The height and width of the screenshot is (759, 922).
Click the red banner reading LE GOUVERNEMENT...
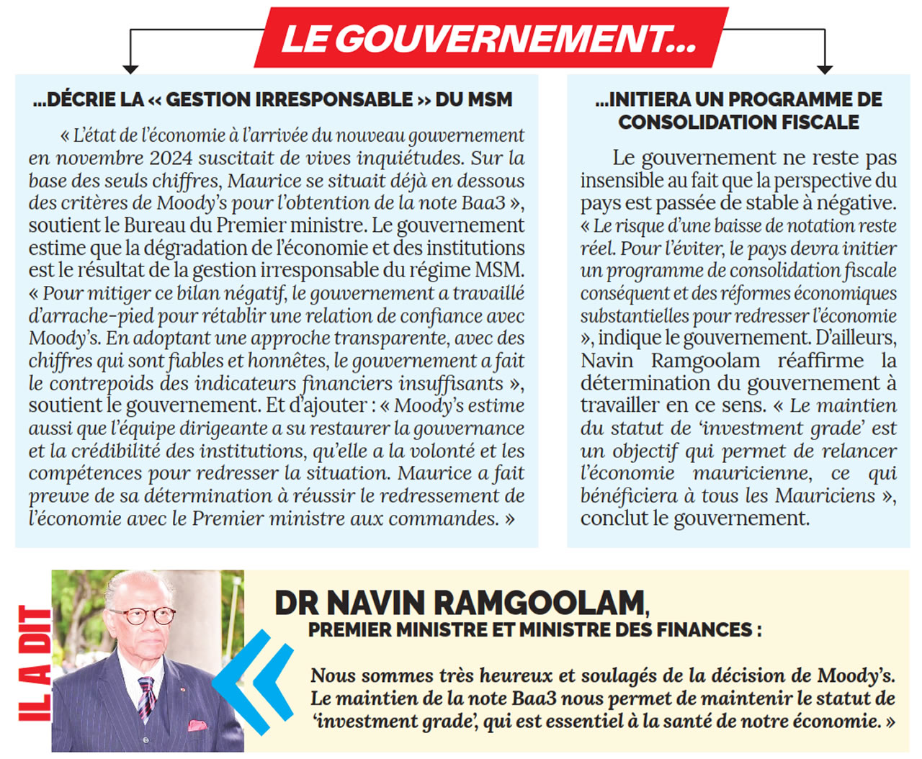point(490,38)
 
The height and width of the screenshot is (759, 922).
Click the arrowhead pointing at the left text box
point(130,68)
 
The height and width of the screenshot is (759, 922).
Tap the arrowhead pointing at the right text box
point(825,68)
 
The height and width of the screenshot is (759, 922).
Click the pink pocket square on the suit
point(197,725)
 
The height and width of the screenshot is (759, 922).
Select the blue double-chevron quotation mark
point(252,681)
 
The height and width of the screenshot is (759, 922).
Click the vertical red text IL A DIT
point(35,663)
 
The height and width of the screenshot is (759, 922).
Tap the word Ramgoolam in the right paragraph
point(705,361)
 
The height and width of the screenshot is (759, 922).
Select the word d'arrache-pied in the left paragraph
point(91,316)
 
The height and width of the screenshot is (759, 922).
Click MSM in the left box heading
point(488,99)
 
